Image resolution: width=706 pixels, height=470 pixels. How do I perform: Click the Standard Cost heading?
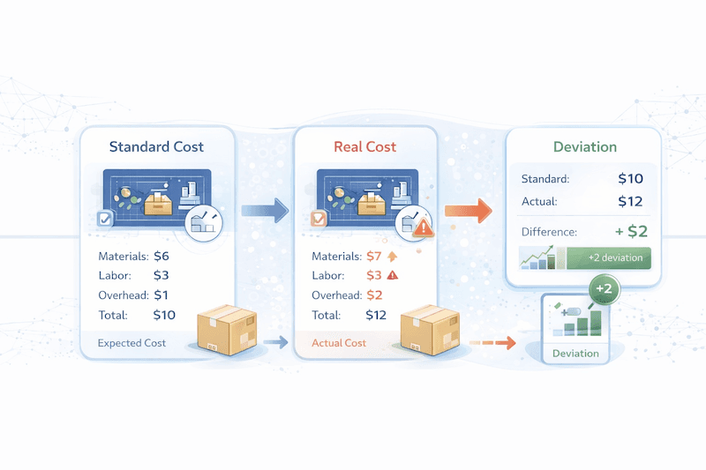click(156, 146)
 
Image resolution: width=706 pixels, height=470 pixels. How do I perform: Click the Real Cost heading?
click(365, 146)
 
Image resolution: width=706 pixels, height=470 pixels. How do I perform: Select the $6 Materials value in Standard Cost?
click(161, 257)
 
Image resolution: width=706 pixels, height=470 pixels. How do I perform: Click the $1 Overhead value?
click(160, 295)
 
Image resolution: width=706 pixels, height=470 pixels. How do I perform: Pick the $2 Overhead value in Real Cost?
click(375, 295)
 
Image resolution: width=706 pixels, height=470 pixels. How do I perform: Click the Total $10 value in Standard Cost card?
click(164, 315)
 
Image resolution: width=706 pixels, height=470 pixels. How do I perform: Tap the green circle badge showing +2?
click(605, 289)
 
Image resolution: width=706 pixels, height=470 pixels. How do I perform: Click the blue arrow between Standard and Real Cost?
click(266, 210)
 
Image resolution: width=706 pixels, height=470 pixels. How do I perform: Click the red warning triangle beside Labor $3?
click(393, 276)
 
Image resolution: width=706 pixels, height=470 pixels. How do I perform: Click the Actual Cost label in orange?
click(339, 343)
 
